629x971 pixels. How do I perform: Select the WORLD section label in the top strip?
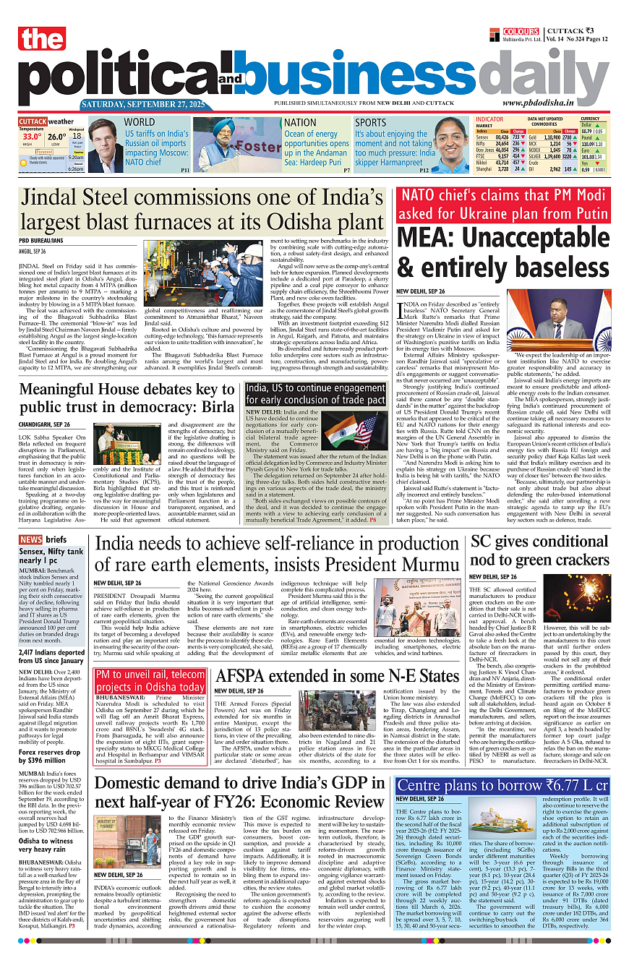pos(140,122)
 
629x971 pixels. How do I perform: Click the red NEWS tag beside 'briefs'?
pos(30,540)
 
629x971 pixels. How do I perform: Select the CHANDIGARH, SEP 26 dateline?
pos(45,424)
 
